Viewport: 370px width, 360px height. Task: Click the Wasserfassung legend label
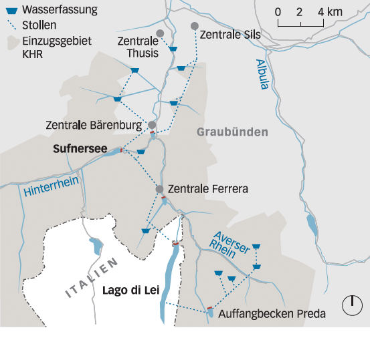(x=58, y=10)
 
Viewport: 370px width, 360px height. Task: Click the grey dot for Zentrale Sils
(x=195, y=26)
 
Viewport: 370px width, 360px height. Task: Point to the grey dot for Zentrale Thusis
(x=160, y=33)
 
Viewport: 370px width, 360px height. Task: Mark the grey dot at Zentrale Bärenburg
(x=153, y=125)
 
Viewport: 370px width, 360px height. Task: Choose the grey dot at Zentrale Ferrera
(x=159, y=190)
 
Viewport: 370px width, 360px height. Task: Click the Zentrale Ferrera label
(x=208, y=190)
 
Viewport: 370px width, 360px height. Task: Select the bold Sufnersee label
(x=80, y=150)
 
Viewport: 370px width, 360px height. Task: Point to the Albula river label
(x=264, y=73)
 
